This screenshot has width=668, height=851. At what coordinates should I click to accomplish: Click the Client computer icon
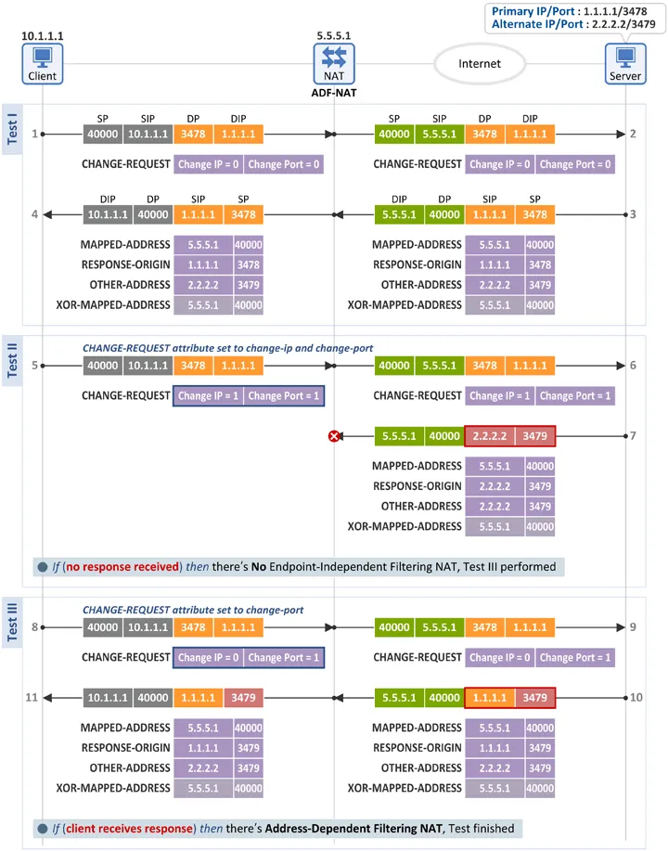(x=43, y=64)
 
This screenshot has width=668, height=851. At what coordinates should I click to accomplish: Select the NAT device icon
(x=334, y=64)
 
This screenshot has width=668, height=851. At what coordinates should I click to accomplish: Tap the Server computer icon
(x=625, y=64)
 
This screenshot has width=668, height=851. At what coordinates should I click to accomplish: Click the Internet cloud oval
(x=480, y=64)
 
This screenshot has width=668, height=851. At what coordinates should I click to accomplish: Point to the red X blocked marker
(x=334, y=436)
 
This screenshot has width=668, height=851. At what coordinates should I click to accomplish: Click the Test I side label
(x=12, y=129)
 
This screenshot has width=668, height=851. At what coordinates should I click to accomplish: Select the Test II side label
(x=12, y=360)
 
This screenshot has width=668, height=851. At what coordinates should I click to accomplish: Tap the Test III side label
(x=12, y=622)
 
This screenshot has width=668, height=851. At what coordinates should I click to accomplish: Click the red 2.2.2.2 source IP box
(x=490, y=436)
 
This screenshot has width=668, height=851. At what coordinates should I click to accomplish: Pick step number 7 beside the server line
(x=633, y=436)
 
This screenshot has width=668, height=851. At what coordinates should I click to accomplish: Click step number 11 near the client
(x=32, y=697)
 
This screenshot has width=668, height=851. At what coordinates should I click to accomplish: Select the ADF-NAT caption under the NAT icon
(x=334, y=93)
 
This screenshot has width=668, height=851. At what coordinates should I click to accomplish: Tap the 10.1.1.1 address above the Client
(x=43, y=36)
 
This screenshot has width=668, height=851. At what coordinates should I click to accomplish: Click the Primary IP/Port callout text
(x=570, y=11)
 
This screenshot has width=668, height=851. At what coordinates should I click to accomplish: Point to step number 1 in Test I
(x=34, y=134)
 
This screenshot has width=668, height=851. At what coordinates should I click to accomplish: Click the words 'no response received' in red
(x=122, y=567)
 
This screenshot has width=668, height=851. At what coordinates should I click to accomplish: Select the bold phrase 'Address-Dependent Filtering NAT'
(x=353, y=828)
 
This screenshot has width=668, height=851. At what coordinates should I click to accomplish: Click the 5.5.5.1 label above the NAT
(x=334, y=36)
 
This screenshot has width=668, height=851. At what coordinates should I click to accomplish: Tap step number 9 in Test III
(x=633, y=626)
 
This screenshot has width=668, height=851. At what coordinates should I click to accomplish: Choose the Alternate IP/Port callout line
(x=573, y=24)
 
